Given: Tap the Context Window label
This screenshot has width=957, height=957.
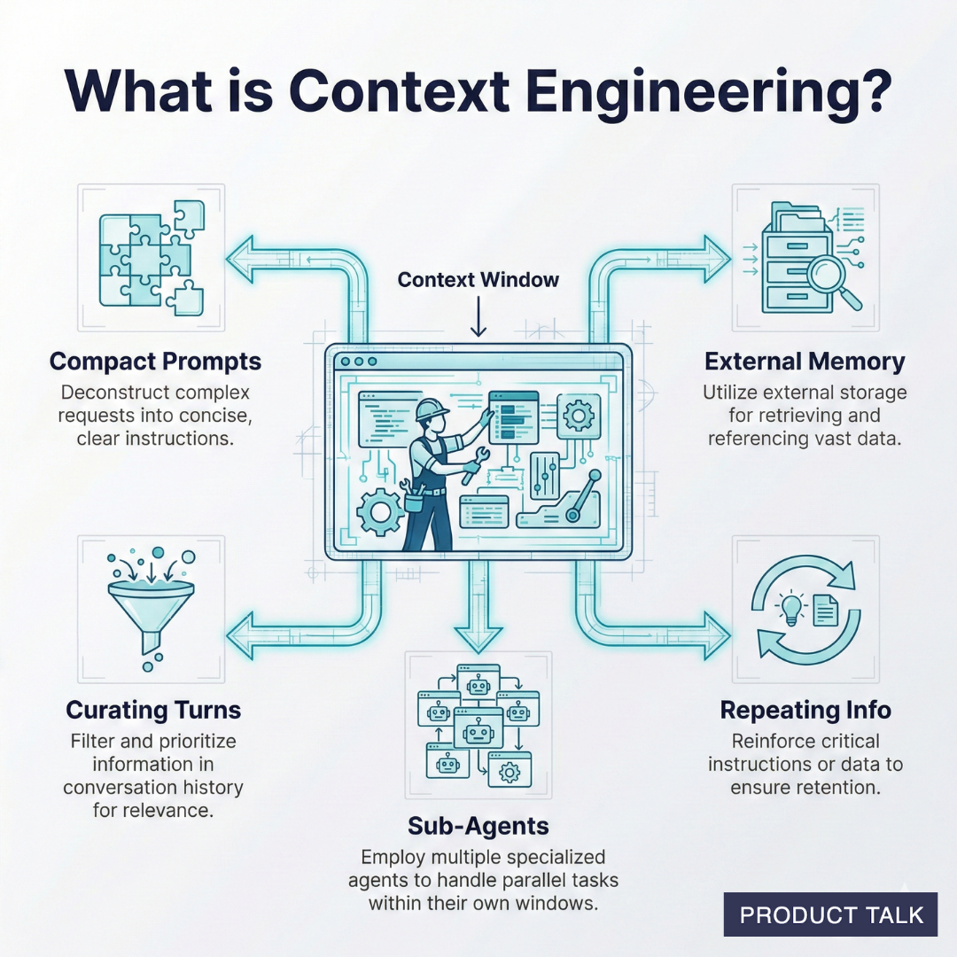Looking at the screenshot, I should click(478, 280).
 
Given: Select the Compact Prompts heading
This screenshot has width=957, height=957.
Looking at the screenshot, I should click(155, 362).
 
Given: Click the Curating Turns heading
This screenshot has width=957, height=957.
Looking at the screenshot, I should click(153, 710).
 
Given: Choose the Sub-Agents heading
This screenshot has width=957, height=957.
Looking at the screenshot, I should click(478, 826).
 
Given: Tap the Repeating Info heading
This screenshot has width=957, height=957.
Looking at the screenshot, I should click(805, 710).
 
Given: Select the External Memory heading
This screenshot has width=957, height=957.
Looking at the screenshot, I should click(805, 362).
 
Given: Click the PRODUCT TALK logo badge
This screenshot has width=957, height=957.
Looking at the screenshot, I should click(830, 914).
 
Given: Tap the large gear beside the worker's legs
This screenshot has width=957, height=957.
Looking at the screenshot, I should click(378, 512).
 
